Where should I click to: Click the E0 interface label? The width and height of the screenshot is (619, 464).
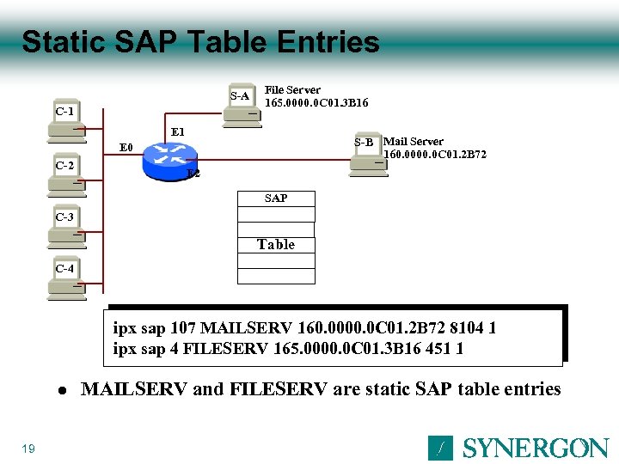(126, 148)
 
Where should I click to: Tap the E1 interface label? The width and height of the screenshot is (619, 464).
(178, 131)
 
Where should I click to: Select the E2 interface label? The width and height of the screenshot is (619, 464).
(193, 174)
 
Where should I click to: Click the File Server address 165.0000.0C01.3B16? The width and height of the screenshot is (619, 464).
(316, 103)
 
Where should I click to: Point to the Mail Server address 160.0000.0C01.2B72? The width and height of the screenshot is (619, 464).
(435, 155)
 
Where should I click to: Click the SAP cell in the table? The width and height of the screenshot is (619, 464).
(276, 198)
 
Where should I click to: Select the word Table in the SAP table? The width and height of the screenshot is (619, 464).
(276, 245)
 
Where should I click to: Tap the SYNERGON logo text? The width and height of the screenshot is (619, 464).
(536, 448)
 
